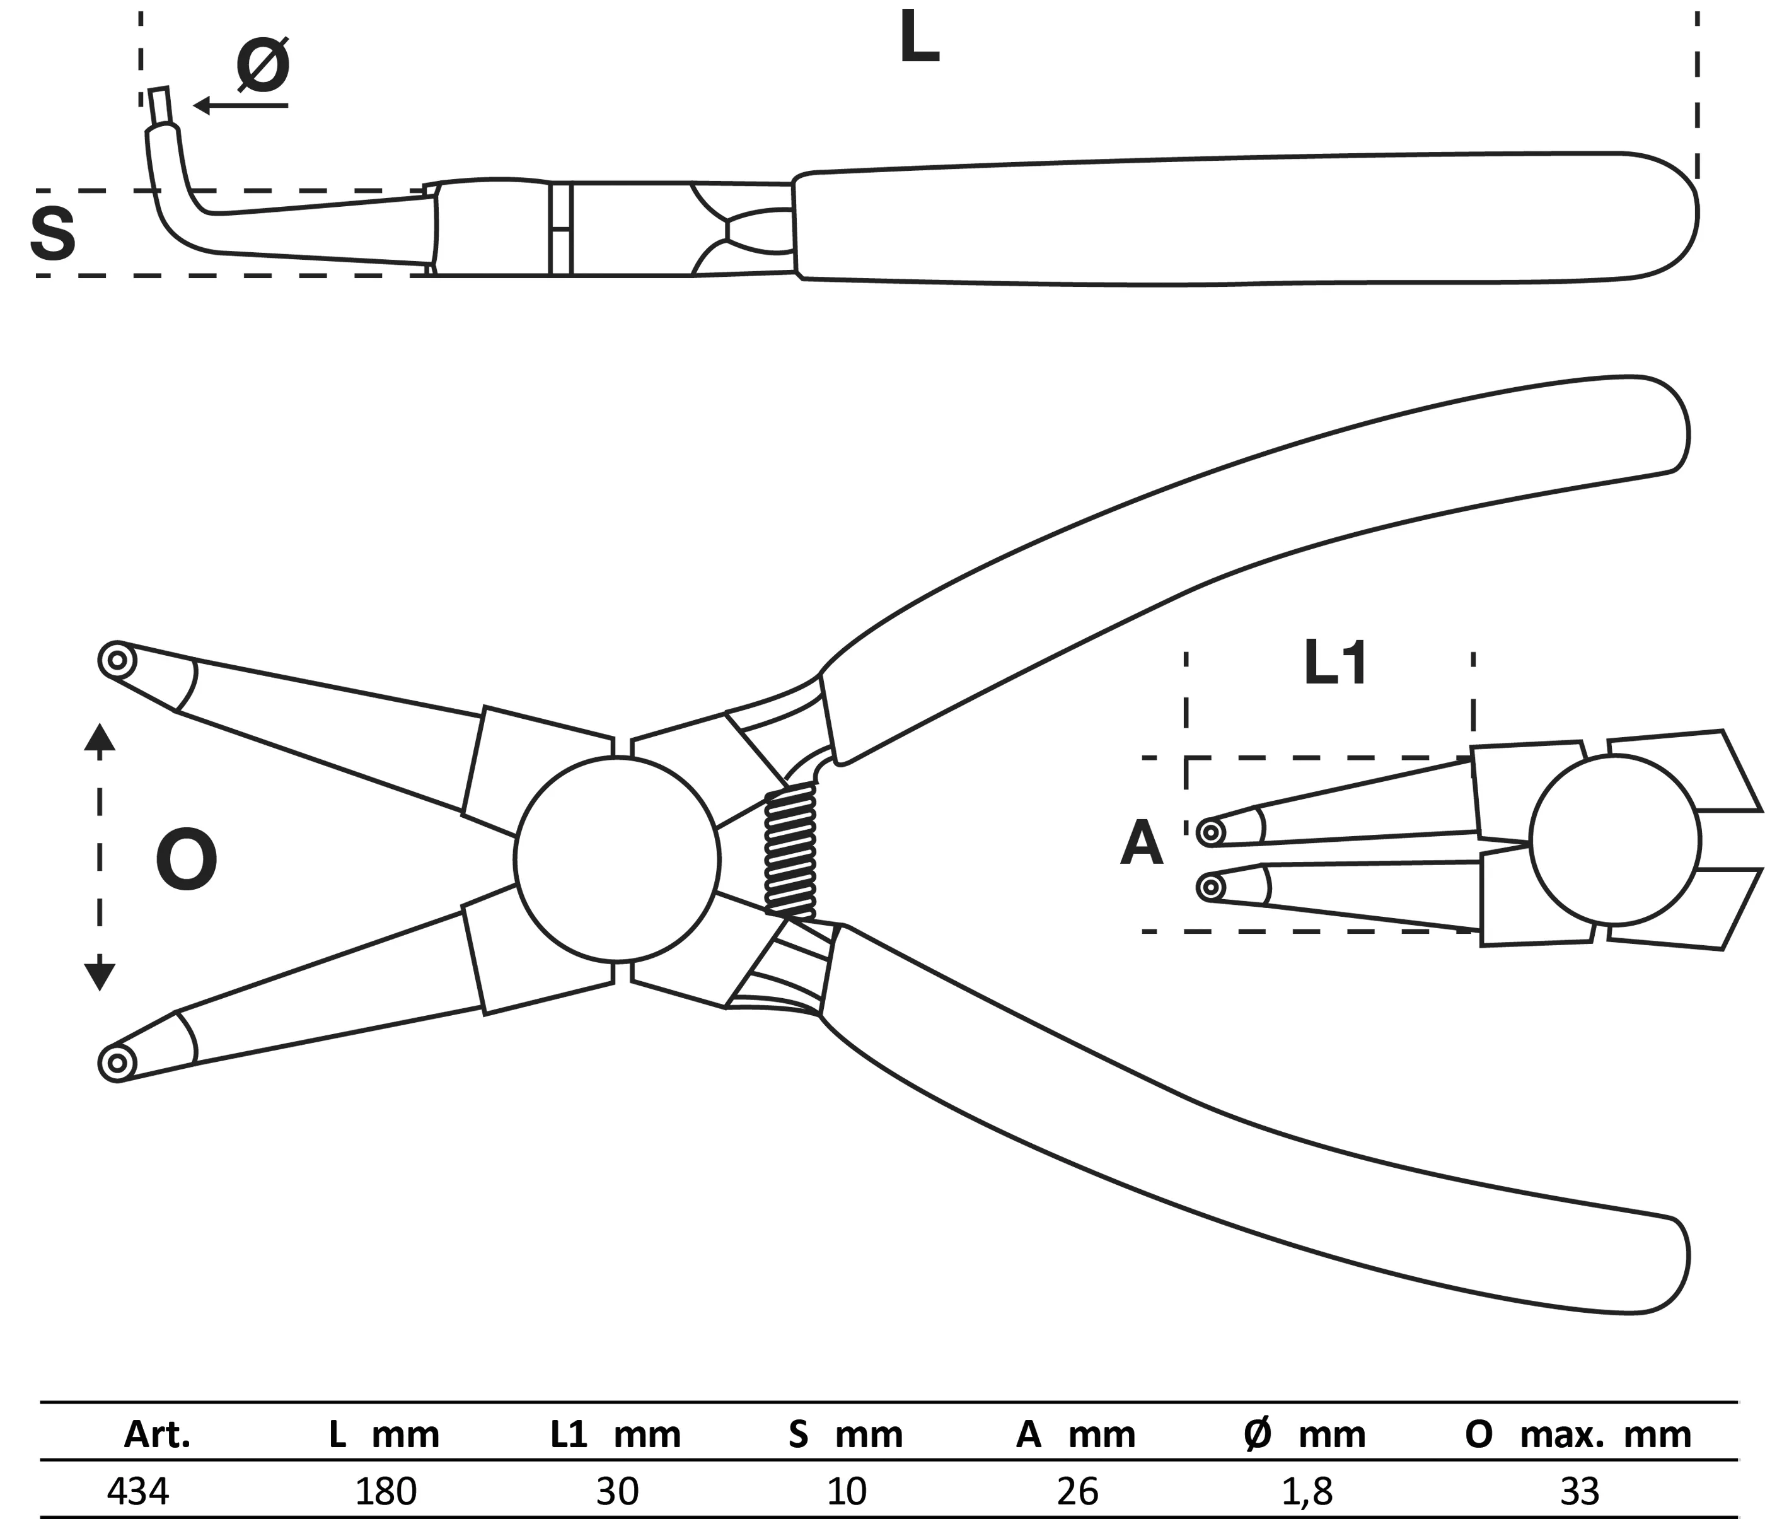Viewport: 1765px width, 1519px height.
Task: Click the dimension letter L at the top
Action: (919, 40)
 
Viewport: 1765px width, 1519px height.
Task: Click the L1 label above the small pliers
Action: (1336, 665)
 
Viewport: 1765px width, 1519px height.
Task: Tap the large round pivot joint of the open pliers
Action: (616, 857)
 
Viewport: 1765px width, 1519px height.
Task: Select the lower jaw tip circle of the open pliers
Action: (117, 1062)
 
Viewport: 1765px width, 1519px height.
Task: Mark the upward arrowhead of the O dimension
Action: (100, 737)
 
